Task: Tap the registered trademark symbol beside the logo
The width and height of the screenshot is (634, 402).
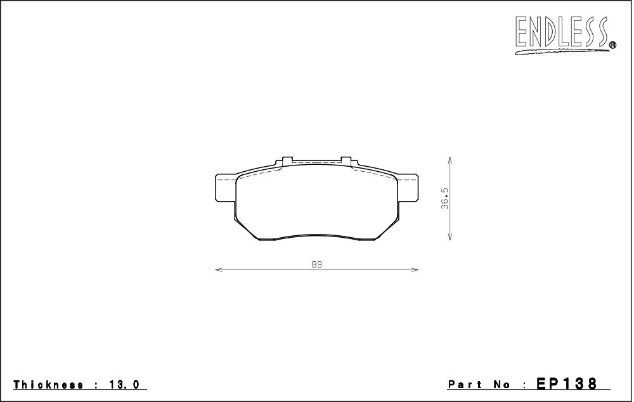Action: tap(612, 45)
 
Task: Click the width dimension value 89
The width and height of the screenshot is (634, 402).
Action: tap(317, 264)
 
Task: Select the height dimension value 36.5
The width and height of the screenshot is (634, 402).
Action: tap(445, 198)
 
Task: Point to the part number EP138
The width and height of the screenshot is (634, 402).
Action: tap(566, 383)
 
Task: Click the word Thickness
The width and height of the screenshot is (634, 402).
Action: tap(49, 384)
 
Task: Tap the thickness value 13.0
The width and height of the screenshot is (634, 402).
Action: tap(123, 384)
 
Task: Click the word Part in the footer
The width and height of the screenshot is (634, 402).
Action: tap(464, 384)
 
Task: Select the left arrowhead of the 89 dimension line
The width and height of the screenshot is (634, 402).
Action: tap(219, 269)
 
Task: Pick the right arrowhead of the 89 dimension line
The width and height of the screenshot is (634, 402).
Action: tap(415, 269)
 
